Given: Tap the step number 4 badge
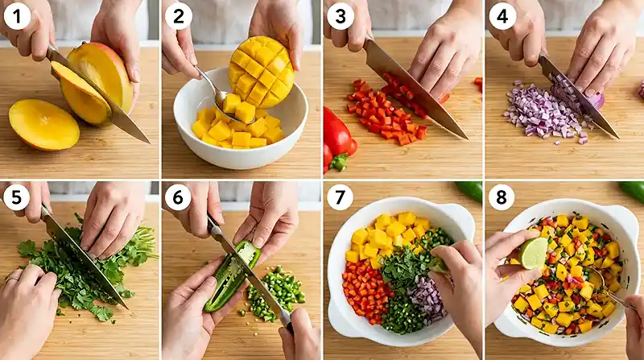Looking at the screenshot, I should point(502,15).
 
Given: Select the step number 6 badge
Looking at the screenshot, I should point(178,197).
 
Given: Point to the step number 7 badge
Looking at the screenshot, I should point(341,197).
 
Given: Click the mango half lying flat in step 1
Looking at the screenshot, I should point(43,124).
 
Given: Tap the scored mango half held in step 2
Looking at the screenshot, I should point(262,71).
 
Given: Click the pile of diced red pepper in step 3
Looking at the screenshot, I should point(385,113).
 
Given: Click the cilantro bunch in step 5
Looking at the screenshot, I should point(89,270).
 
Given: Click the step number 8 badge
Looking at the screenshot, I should point(502,197).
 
